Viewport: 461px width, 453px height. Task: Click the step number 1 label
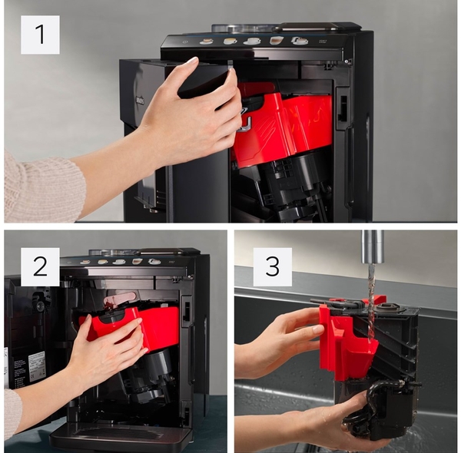pos(40,35)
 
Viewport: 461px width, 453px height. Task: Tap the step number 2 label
pos(40,266)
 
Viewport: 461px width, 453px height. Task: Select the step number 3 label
pos(273,266)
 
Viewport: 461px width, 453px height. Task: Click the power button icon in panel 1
pos(184,42)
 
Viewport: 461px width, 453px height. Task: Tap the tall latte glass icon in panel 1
pos(276,40)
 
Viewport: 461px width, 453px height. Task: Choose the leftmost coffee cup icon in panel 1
pos(207,41)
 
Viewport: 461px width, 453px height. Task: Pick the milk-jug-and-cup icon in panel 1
pos(300,41)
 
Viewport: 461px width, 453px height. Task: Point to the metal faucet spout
pos(373,246)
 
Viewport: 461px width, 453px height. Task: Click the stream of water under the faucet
pos(372,303)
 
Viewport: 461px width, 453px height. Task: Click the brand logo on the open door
pos(140,101)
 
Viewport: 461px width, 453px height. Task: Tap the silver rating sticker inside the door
pos(37,366)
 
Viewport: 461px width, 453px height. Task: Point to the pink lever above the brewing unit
pos(119,299)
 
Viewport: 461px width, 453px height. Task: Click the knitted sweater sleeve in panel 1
pos(42,187)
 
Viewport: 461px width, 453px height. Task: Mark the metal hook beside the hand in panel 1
pos(245,125)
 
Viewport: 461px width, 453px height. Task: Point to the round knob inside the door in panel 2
pos(40,306)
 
